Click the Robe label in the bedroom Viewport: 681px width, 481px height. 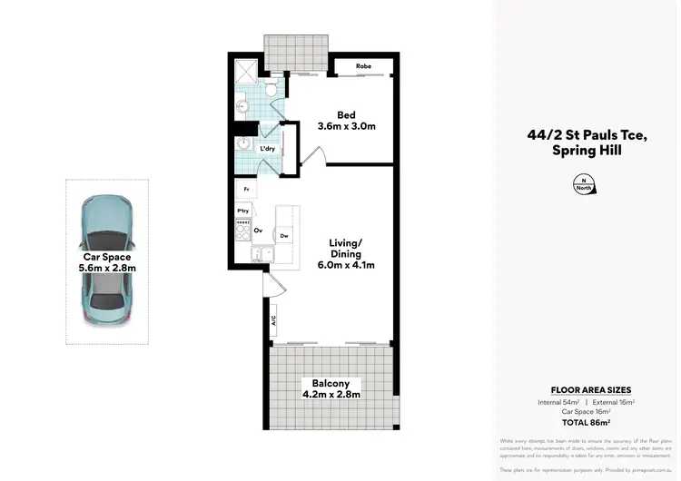point(363,66)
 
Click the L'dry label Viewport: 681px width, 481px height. point(268,148)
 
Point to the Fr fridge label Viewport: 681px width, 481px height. point(246,190)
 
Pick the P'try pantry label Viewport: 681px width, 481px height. point(243,211)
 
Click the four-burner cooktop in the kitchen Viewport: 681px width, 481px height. point(243,230)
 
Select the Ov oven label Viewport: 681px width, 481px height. point(258,231)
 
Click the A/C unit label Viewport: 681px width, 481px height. point(272,320)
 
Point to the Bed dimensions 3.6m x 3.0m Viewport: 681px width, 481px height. point(346,128)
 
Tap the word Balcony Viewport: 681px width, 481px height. point(331,382)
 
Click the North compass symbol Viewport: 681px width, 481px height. point(586,185)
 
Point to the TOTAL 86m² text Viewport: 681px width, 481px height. point(587,422)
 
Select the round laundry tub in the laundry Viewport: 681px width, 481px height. point(243,145)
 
